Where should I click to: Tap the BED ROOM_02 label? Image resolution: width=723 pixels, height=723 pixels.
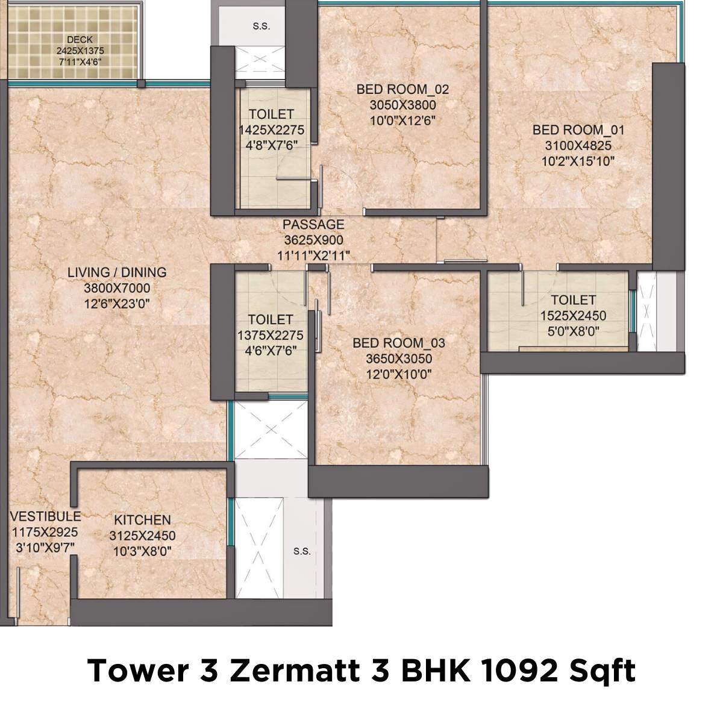click(402, 90)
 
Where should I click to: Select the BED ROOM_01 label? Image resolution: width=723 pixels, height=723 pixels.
click(578, 130)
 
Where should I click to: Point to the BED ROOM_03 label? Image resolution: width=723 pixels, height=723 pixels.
click(398, 343)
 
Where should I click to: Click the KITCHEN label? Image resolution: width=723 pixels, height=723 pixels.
click(143, 519)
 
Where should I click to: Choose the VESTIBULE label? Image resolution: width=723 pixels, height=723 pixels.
click(45, 516)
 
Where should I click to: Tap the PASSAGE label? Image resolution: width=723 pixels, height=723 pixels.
click(313, 224)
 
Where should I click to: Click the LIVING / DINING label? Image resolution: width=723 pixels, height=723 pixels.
click(117, 272)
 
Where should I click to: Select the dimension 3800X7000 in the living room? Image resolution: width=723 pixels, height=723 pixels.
click(117, 289)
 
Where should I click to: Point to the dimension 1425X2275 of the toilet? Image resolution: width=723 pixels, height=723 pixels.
click(271, 130)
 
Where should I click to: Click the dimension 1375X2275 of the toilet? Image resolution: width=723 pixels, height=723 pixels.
click(271, 336)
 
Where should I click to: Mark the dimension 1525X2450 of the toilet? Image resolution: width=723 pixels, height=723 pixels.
click(573, 316)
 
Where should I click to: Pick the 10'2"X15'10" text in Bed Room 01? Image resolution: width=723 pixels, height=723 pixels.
click(578, 161)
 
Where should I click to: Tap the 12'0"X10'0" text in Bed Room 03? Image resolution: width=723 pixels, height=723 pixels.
click(398, 374)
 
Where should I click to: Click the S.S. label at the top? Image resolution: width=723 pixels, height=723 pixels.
click(261, 27)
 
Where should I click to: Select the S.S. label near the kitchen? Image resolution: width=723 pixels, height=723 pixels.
click(302, 551)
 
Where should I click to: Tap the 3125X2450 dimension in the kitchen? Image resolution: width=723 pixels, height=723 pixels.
click(142, 536)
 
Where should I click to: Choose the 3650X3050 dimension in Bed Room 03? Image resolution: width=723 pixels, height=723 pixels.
click(398, 358)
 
